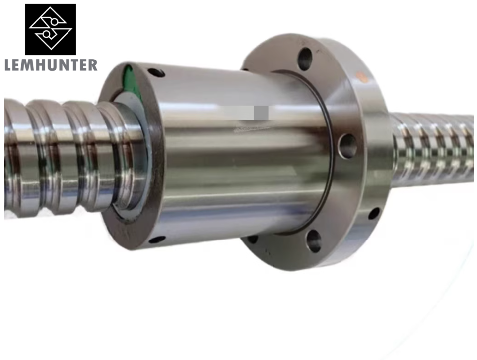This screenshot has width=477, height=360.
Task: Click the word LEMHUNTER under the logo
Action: coord(51,65)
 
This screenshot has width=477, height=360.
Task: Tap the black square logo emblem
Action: coord(51,29)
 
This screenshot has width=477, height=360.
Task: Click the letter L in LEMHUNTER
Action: coord(8,65)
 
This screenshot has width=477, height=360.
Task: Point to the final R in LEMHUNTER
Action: coord(92,65)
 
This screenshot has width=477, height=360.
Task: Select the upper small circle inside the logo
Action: coord(54,22)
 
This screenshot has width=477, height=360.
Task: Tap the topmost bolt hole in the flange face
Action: coord(305,59)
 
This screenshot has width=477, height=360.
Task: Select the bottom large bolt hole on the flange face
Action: coord(314,241)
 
